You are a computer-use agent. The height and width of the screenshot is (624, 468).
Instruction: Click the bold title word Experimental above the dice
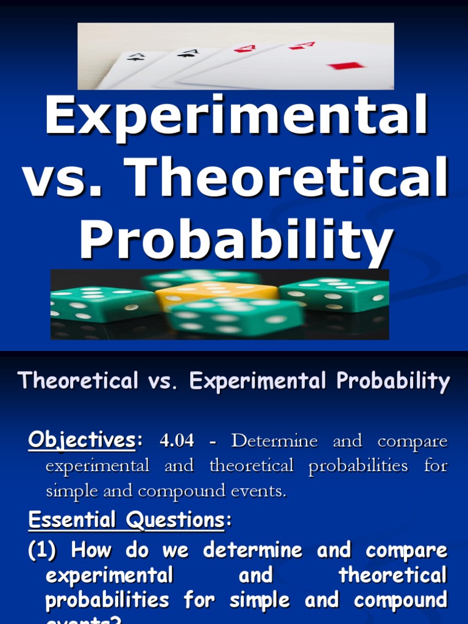click(236, 118)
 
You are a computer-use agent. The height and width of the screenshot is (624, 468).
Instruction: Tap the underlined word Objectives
click(81, 440)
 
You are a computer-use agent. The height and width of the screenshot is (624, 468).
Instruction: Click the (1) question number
click(42, 550)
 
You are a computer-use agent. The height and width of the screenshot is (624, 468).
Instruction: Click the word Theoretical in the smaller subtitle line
click(78, 381)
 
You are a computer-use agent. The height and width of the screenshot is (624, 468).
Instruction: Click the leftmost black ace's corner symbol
click(137, 57)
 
